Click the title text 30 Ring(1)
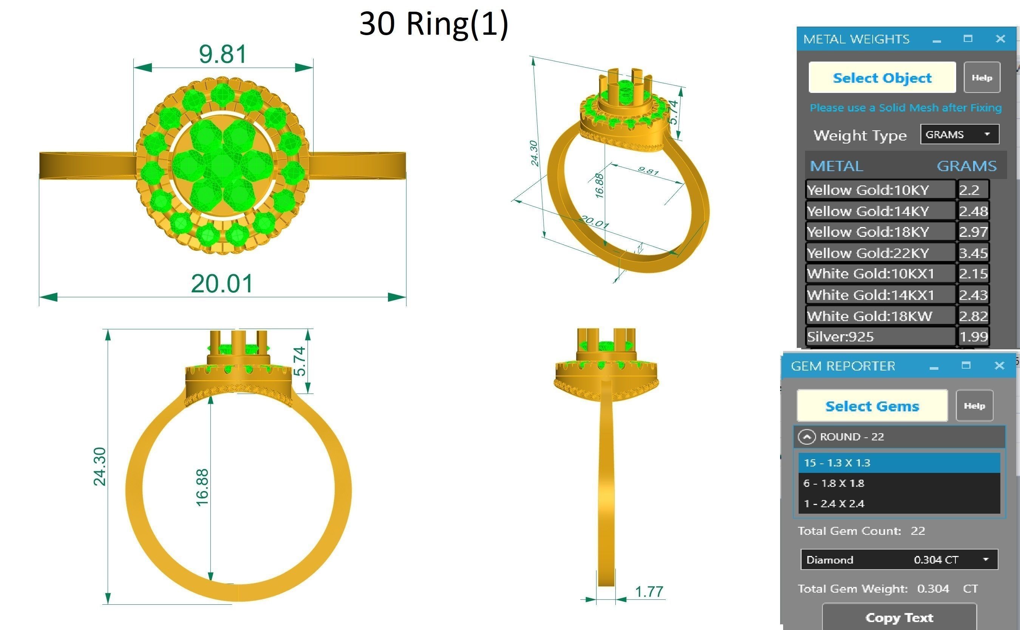point(433,24)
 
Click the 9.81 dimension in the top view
point(223,54)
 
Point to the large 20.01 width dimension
point(222,284)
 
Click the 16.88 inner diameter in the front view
point(202,488)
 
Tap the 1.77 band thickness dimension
point(649,591)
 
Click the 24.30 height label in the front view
point(100,467)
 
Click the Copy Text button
point(899,617)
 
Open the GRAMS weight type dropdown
point(959,134)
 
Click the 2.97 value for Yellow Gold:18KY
point(973,232)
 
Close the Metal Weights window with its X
point(1000,39)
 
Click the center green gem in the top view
point(222,166)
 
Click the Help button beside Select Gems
point(974,405)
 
